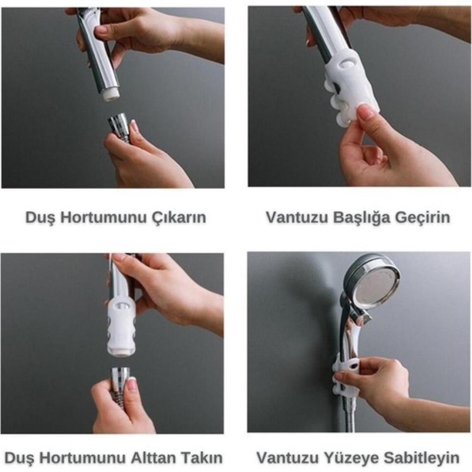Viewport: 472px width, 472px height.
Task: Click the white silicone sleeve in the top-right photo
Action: (x=351, y=89)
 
